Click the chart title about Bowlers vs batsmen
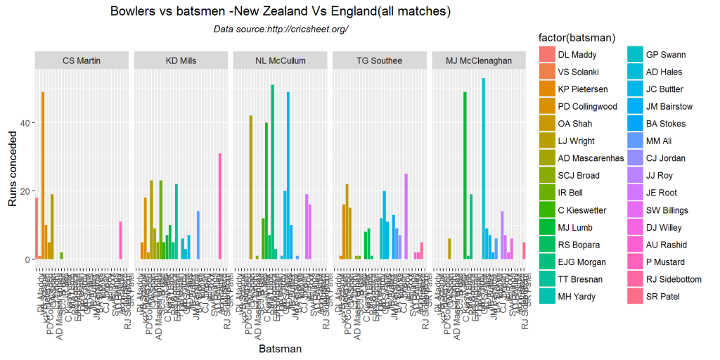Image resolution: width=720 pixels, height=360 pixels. click(281, 12)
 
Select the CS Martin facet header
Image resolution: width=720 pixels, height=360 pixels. click(82, 60)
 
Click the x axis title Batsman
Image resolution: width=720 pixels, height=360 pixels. click(281, 349)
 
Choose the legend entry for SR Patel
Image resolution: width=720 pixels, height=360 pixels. click(664, 296)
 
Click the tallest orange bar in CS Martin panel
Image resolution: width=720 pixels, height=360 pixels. click(43, 175)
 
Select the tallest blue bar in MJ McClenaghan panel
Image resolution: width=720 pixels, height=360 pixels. click(483, 169)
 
